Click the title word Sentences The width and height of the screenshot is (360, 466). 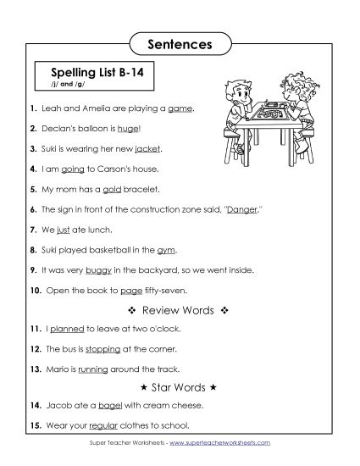(180, 41)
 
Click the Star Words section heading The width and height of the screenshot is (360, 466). (179, 386)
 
